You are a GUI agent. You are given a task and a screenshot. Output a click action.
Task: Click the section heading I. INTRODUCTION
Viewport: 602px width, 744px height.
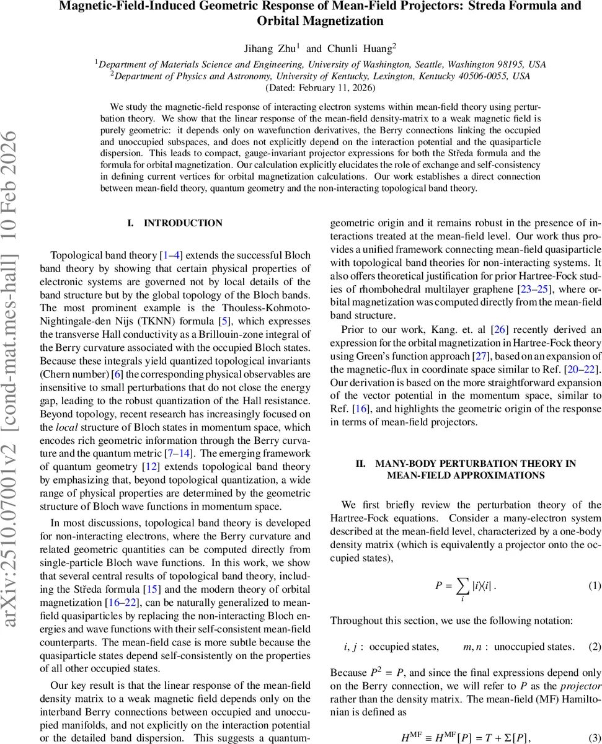tap(175, 223)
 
